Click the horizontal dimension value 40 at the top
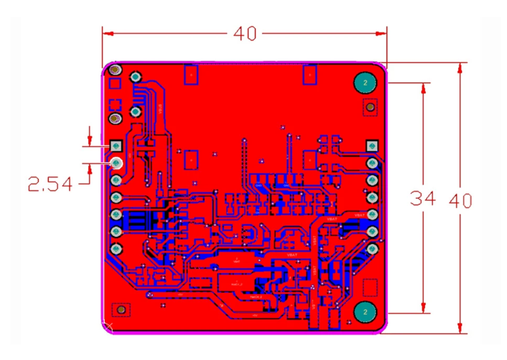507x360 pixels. (x=245, y=34)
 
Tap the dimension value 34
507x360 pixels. (x=423, y=199)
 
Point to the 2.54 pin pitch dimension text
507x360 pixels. (x=50, y=184)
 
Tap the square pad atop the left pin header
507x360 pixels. (x=116, y=145)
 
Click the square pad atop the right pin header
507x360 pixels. (x=372, y=145)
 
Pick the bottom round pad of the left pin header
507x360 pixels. (x=116, y=249)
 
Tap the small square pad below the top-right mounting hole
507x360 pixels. (x=371, y=108)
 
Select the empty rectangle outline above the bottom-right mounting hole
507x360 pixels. (x=370, y=288)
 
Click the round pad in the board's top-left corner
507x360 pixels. (x=115, y=70)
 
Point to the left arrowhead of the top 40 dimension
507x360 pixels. (x=106, y=34)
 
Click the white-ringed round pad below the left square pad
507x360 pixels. (x=116, y=163)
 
